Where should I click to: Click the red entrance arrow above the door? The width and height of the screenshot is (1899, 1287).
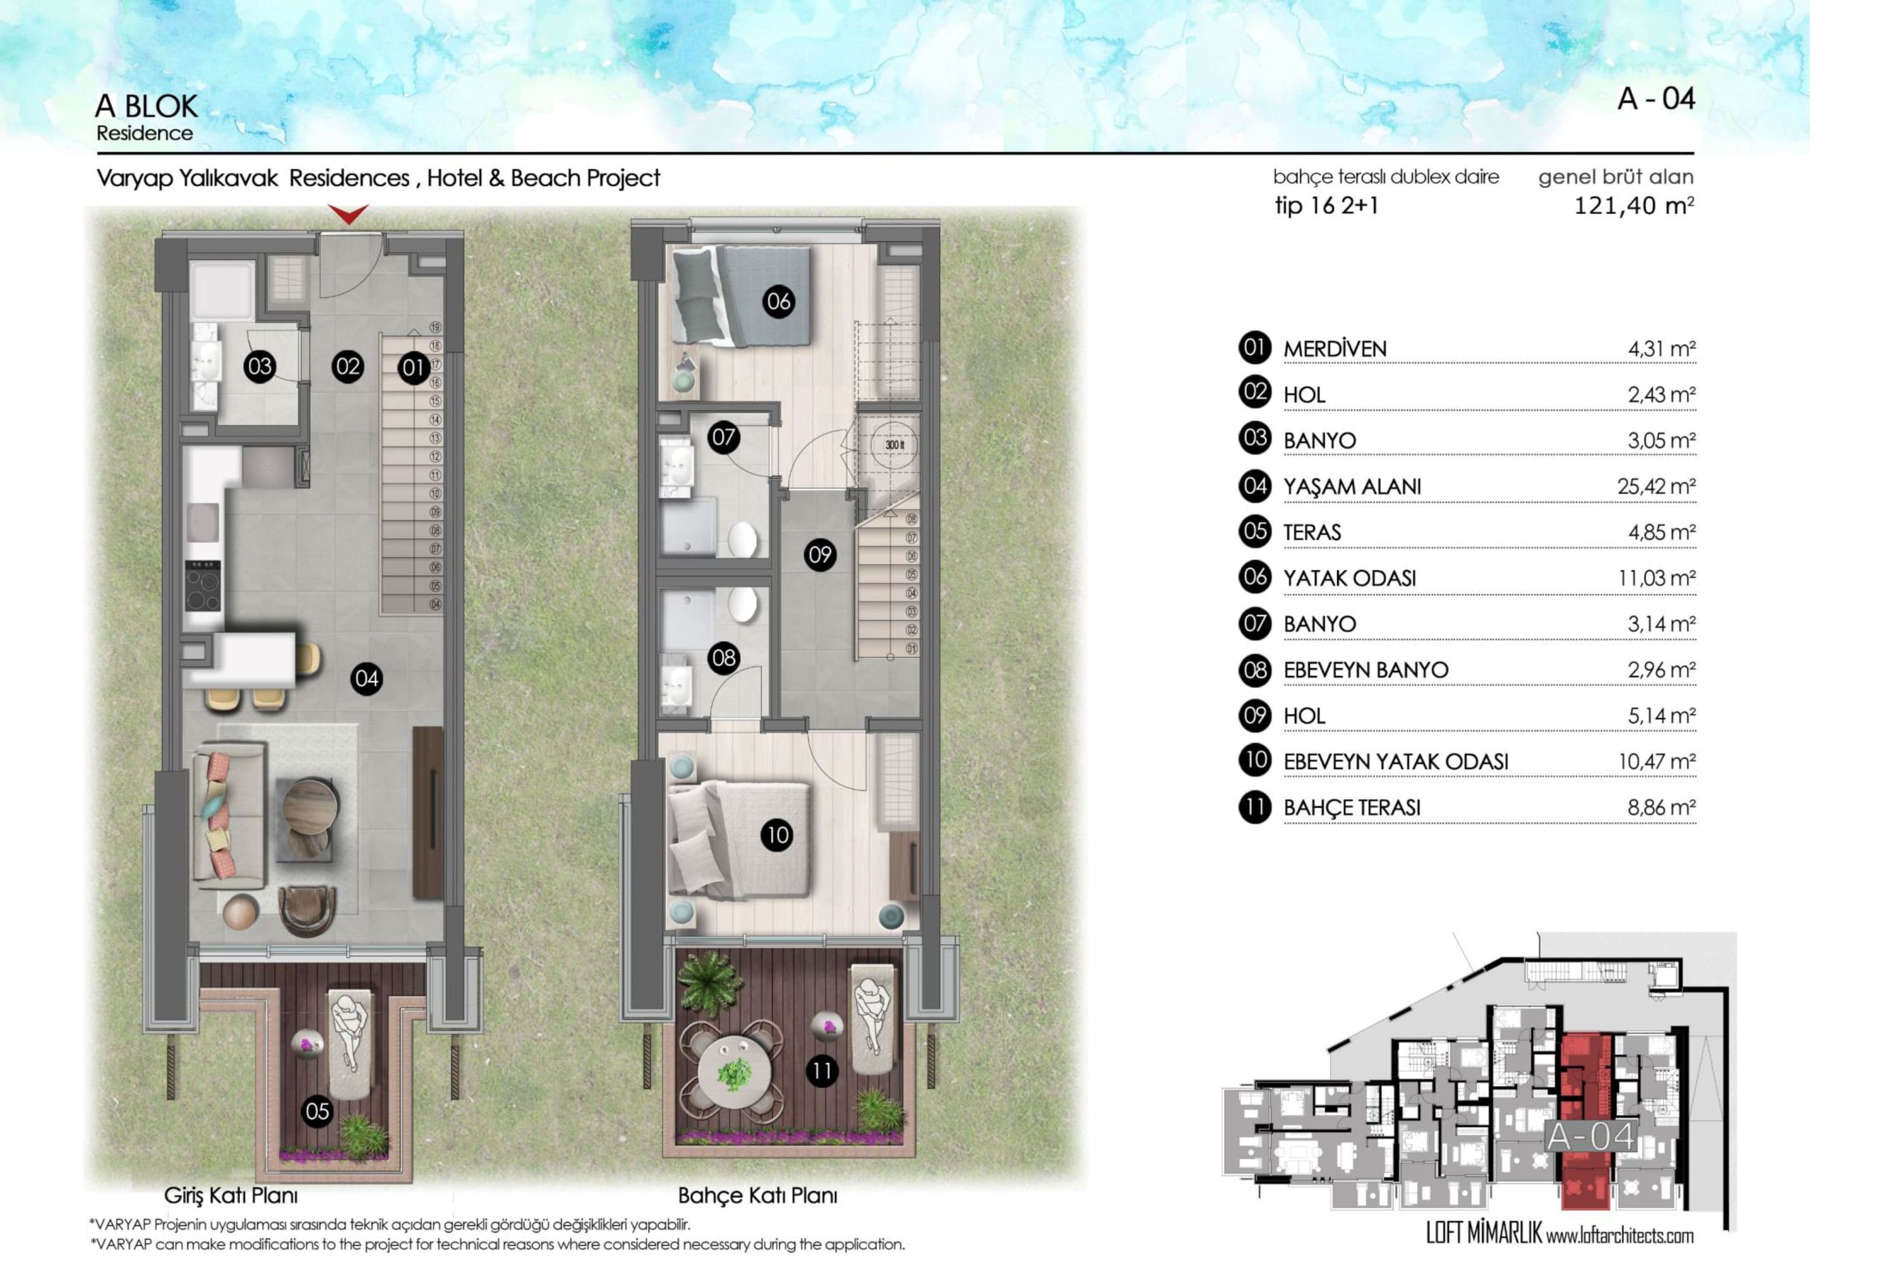click(348, 214)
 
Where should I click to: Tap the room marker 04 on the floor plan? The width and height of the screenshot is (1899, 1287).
click(367, 678)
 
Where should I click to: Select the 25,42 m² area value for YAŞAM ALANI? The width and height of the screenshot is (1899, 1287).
click(1655, 486)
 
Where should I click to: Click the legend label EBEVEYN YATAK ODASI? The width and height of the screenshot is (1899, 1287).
click(1396, 761)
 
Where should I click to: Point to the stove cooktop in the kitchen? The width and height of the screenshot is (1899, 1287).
click(202, 585)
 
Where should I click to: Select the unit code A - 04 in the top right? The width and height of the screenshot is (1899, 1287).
click(1656, 99)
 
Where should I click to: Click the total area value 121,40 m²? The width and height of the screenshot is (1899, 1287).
click(1634, 205)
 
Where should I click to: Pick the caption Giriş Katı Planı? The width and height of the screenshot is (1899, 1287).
click(231, 1195)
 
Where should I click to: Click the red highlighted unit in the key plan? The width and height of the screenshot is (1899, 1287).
click(1585, 1121)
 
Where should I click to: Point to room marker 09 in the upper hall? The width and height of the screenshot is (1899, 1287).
click(820, 555)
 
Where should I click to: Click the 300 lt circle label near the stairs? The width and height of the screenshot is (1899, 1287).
click(895, 446)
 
